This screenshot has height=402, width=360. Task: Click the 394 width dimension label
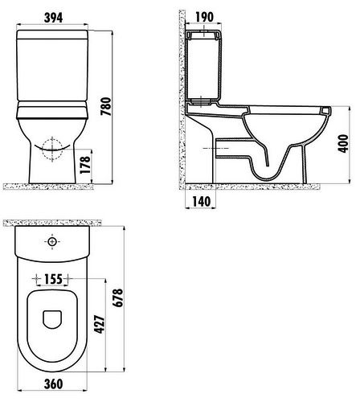tap(53, 18)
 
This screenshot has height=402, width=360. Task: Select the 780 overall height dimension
tap(106, 106)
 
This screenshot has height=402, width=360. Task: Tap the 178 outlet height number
tap(85, 165)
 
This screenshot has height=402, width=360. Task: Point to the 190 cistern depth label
tap(204, 17)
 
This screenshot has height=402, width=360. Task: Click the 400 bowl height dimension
tap(343, 144)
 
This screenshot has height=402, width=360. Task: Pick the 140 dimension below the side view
tap(202, 201)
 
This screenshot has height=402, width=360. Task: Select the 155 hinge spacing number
tap(53, 279)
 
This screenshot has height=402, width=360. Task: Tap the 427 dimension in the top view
tap(100, 325)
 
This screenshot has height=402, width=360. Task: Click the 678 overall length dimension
tap(117, 297)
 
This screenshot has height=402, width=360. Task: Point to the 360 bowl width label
tap(53, 384)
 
